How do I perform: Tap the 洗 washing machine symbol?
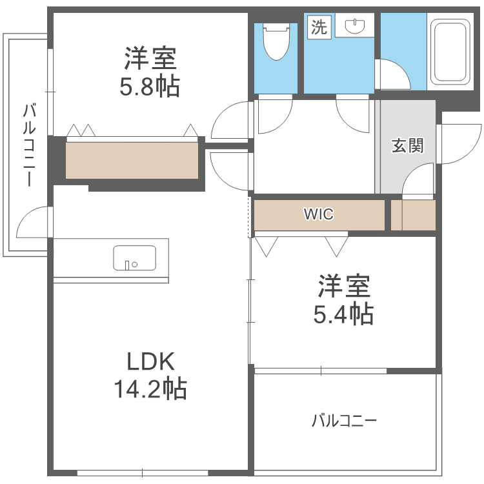click(319, 27)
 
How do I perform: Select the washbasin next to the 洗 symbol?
click(355, 26)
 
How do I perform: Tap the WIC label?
click(319, 215)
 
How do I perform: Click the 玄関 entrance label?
click(408, 146)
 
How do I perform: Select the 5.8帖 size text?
click(150, 86)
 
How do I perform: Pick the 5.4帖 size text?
click(343, 314)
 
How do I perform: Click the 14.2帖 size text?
click(150, 388)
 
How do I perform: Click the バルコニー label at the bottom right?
click(344, 421)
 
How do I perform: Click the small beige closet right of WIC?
click(414, 215)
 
